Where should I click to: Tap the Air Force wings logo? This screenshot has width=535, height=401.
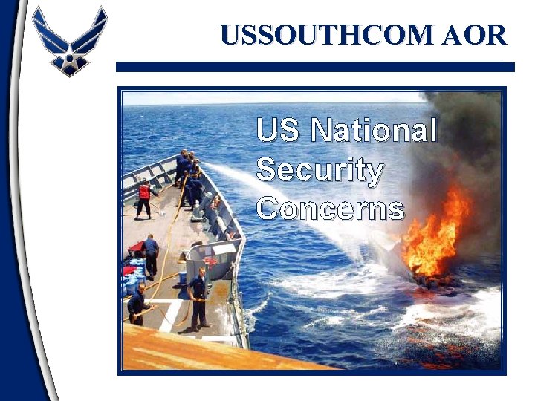tap(70, 40)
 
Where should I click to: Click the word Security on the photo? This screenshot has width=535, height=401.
tap(320, 170)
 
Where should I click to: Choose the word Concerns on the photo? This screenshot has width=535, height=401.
tap(331, 209)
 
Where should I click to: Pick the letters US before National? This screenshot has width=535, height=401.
tap(279, 131)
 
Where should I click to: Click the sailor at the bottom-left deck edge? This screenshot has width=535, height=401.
tap(137, 303)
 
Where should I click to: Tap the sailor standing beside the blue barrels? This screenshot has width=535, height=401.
tap(151, 255)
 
